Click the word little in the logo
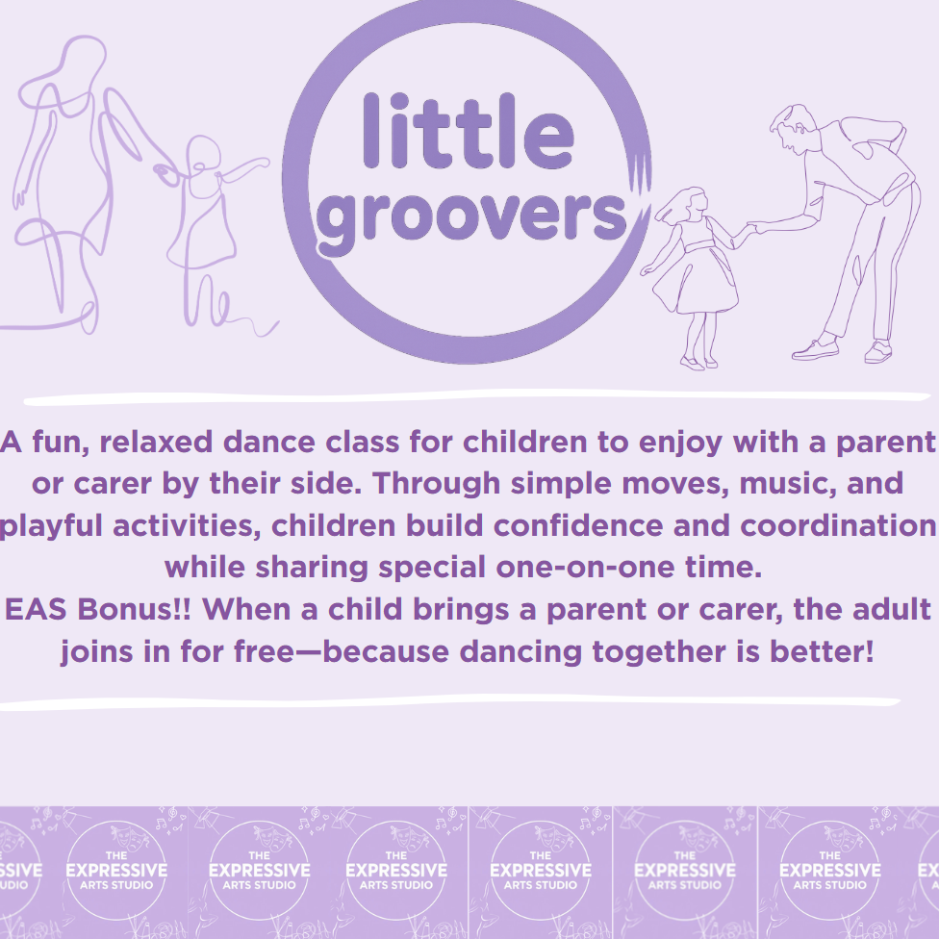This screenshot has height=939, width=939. [x=469, y=131]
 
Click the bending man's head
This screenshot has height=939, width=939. [x=792, y=129]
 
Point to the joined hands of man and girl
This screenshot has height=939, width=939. [x=755, y=228]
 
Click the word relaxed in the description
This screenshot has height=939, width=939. [x=156, y=443]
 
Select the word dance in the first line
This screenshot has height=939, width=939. [x=268, y=443]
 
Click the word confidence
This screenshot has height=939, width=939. [x=578, y=526]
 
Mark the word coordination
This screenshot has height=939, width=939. [x=838, y=526]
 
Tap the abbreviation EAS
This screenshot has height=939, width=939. [x=36, y=610]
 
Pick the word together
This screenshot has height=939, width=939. [x=659, y=652]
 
